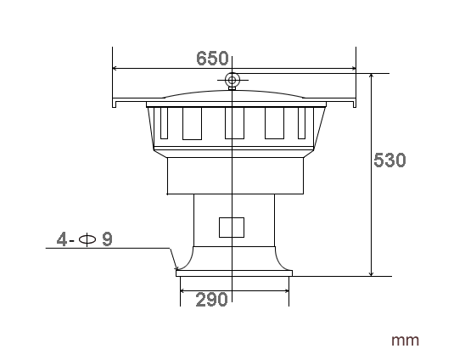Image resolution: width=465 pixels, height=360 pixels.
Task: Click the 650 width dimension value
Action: point(212,59)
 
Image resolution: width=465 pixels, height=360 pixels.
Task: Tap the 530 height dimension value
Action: point(389,160)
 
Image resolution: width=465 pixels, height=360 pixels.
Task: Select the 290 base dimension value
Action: point(211,300)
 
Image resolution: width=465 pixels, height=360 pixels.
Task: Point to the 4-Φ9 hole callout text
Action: point(85,239)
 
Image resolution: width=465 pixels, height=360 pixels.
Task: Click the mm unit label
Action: point(405,340)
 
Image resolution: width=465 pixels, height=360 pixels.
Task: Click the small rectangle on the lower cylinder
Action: point(232,228)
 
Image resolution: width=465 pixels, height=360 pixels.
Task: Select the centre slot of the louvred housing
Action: point(234,123)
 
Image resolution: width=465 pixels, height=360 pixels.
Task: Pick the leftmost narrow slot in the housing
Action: point(164,123)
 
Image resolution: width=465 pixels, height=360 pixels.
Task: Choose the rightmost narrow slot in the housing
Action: point(301,123)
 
